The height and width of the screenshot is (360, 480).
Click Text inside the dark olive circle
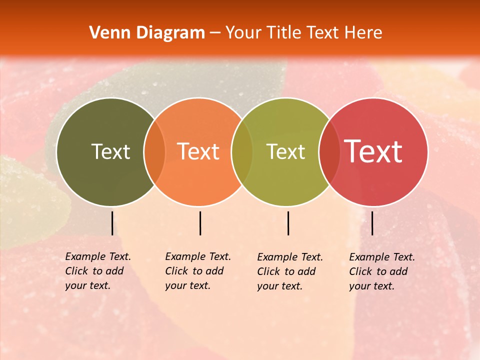tap(110, 151)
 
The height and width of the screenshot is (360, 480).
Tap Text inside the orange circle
tap(198, 151)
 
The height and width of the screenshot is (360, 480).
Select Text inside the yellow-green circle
tap(285, 151)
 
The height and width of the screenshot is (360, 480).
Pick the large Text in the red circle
tap(373, 151)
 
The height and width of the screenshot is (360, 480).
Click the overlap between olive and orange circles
tap(154, 152)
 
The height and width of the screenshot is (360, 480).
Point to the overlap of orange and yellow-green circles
tap(242, 152)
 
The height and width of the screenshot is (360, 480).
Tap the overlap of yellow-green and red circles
tap(329, 152)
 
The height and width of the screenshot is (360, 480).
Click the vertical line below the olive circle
tap(112, 223)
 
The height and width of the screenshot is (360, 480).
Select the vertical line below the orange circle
tap(200, 223)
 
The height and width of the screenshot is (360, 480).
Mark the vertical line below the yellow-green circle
tap(288, 223)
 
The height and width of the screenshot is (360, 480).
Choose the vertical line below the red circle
tap(372, 223)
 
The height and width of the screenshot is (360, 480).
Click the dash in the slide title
tap(215, 33)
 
